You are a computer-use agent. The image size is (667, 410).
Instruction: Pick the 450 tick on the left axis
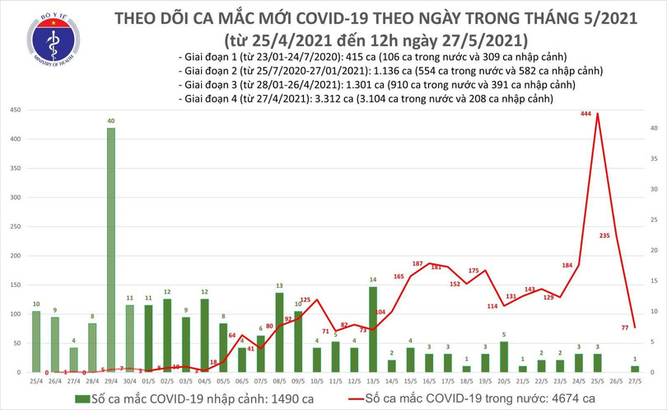click(15, 110)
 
